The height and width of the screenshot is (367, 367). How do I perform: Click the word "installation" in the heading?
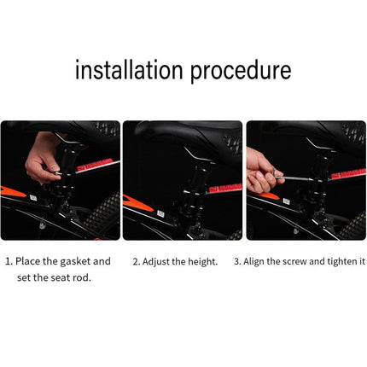click(x=129, y=70)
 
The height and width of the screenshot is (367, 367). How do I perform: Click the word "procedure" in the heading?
click(x=241, y=72)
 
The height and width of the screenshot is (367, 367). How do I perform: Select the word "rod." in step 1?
click(x=82, y=277)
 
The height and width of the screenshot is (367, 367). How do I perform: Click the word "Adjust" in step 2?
click(x=155, y=262)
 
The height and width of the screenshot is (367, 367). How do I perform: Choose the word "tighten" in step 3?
click(x=340, y=261)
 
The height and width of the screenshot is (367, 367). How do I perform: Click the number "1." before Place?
click(x=9, y=261)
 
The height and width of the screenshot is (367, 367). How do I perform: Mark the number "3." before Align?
click(x=237, y=261)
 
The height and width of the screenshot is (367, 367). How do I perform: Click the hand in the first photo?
click(x=43, y=160)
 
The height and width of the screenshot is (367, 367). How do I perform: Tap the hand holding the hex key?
click(x=262, y=172)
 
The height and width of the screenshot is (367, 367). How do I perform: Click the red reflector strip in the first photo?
click(x=97, y=166)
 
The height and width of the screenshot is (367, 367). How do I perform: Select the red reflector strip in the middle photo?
click(x=225, y=189)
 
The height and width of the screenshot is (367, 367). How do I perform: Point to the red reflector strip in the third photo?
click(x=348, y=173)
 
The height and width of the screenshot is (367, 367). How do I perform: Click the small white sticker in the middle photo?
click(x=160, y=214)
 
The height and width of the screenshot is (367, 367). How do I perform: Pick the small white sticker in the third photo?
click(x=286, y=201)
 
